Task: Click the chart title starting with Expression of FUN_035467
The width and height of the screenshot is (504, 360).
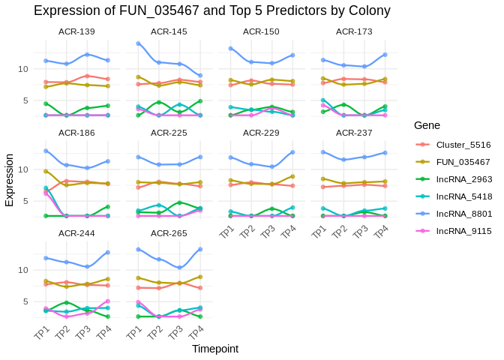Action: [x=212, y=10]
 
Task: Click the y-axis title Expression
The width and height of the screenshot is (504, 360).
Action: [x=9, y=180]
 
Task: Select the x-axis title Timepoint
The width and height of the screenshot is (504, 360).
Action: [x=214, y=349]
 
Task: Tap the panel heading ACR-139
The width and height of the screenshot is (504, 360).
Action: [x=76, y=31]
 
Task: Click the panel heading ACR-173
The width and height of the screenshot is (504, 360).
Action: [x=354, y=31]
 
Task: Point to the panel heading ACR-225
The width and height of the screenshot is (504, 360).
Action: [x=169, y=132]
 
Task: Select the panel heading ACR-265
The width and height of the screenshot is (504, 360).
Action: [x=169, y=232]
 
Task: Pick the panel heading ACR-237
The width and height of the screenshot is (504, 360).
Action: [x=354, y=132]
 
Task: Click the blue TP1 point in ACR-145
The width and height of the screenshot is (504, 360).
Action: [x=138, y=43]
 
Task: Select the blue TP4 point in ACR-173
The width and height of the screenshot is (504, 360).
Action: [x=385, y=55]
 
